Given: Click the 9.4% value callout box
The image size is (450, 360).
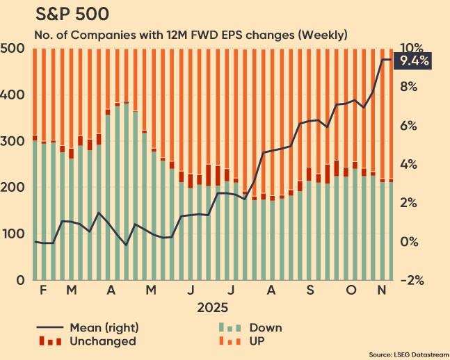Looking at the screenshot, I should (412, 62).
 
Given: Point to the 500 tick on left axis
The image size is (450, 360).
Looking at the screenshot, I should (14, 49).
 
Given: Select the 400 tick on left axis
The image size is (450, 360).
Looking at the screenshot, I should (14, 95).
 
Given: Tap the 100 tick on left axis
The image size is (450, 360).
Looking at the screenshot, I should (14, 234).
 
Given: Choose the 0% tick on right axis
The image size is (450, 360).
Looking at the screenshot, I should (408, 242).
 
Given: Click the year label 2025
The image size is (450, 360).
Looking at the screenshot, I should (213, 307).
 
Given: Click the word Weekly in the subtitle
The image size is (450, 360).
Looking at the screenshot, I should (323, 34).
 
